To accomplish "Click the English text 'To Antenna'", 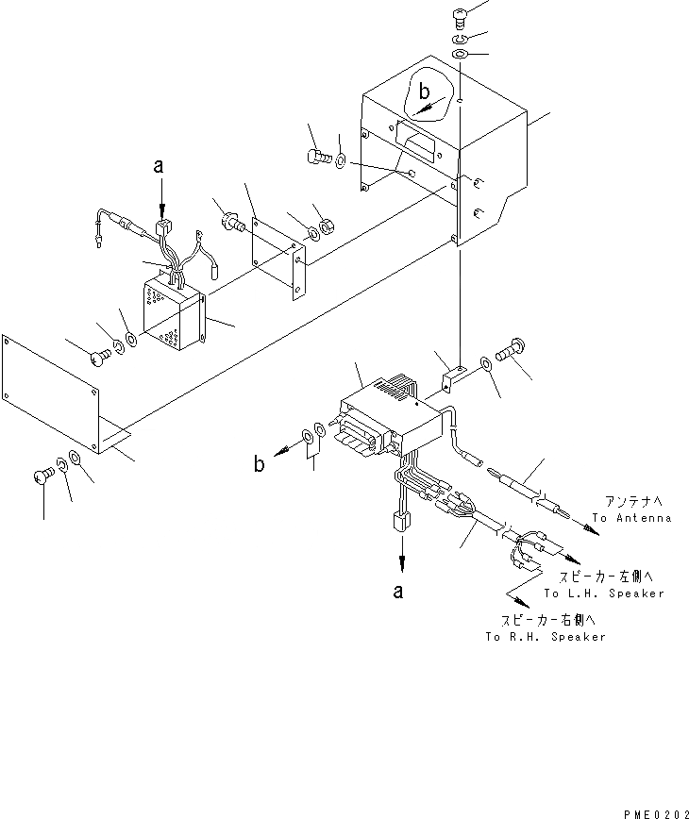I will coord(631,518).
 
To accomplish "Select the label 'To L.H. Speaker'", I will coord(604,593).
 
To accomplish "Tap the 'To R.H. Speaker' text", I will coord(546,637).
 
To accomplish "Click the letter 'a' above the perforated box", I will coord(160,167).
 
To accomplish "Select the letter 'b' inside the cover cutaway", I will coord(426,92).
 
